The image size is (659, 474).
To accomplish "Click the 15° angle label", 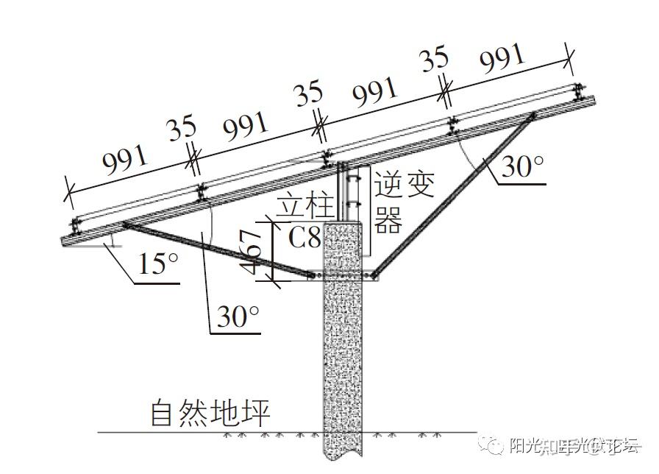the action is [x=159, y=263].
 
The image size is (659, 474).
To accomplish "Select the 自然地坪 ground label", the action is [x=210, y=413].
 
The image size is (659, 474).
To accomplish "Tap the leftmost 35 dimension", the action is [x=182, y=130].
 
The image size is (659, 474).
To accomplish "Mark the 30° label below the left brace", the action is [x=238, y=317].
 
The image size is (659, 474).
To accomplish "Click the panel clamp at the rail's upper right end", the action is [x=578, y=91].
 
